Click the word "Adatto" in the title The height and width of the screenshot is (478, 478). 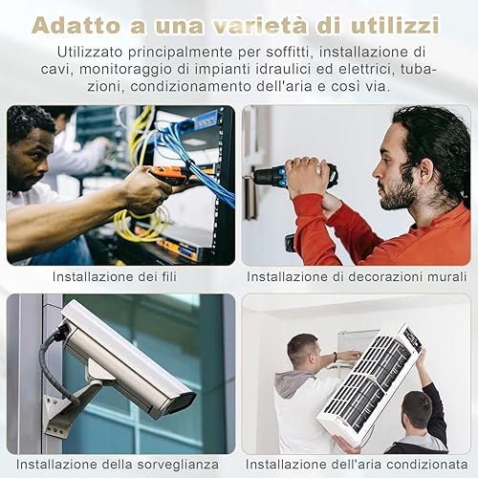(76, 26)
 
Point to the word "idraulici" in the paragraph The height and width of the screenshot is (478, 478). (283, 69)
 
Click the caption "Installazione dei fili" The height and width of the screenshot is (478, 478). (115, 276)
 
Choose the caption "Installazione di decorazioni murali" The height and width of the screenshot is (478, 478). (357, 276)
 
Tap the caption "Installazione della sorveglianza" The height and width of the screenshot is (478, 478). (118, 464)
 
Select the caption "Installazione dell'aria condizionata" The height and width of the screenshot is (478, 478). (357, 464)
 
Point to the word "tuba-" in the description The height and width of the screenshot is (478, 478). (419, 69)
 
